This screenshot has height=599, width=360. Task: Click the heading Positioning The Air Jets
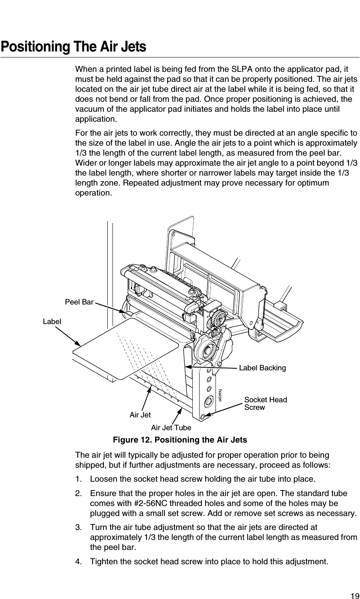[x=73, y=47]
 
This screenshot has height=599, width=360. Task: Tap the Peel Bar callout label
[x=79, y=302]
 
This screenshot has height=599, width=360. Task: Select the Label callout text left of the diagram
[x=52, y=321]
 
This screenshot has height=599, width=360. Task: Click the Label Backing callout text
[x=262, y=368]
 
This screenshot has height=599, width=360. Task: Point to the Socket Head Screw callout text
[x=265, y=403]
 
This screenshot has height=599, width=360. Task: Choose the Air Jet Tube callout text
[x=171, y=428]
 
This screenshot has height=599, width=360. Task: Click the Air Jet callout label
[x=140, y=415]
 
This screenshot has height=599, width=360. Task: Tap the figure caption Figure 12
[x=180, y=440]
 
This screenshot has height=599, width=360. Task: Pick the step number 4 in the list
[x=78, y=562]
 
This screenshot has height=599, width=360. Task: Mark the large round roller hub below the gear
[x=208, y=350]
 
